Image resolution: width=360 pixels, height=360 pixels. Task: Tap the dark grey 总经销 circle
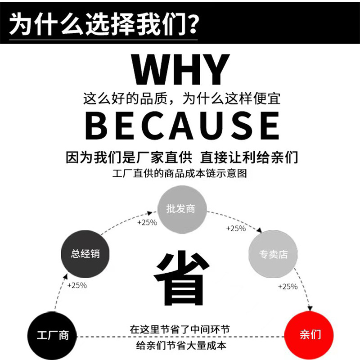80,255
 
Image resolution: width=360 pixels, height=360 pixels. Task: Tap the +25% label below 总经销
77,285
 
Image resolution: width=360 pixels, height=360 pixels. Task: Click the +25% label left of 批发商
147,222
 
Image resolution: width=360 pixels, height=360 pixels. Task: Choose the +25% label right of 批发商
236,229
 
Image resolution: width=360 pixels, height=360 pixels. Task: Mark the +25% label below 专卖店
288,286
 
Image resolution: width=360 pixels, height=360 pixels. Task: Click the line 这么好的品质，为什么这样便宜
182,98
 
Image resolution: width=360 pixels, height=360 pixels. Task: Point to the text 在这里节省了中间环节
180,330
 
